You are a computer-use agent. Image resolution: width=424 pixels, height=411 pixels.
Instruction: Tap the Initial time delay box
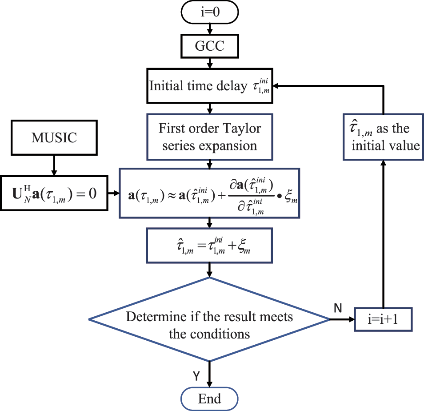(x=209, y=85)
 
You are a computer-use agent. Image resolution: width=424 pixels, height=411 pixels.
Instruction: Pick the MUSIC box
(x=54, y=137)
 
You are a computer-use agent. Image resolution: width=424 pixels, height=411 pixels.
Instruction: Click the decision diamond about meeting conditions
(x=209, y=319)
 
